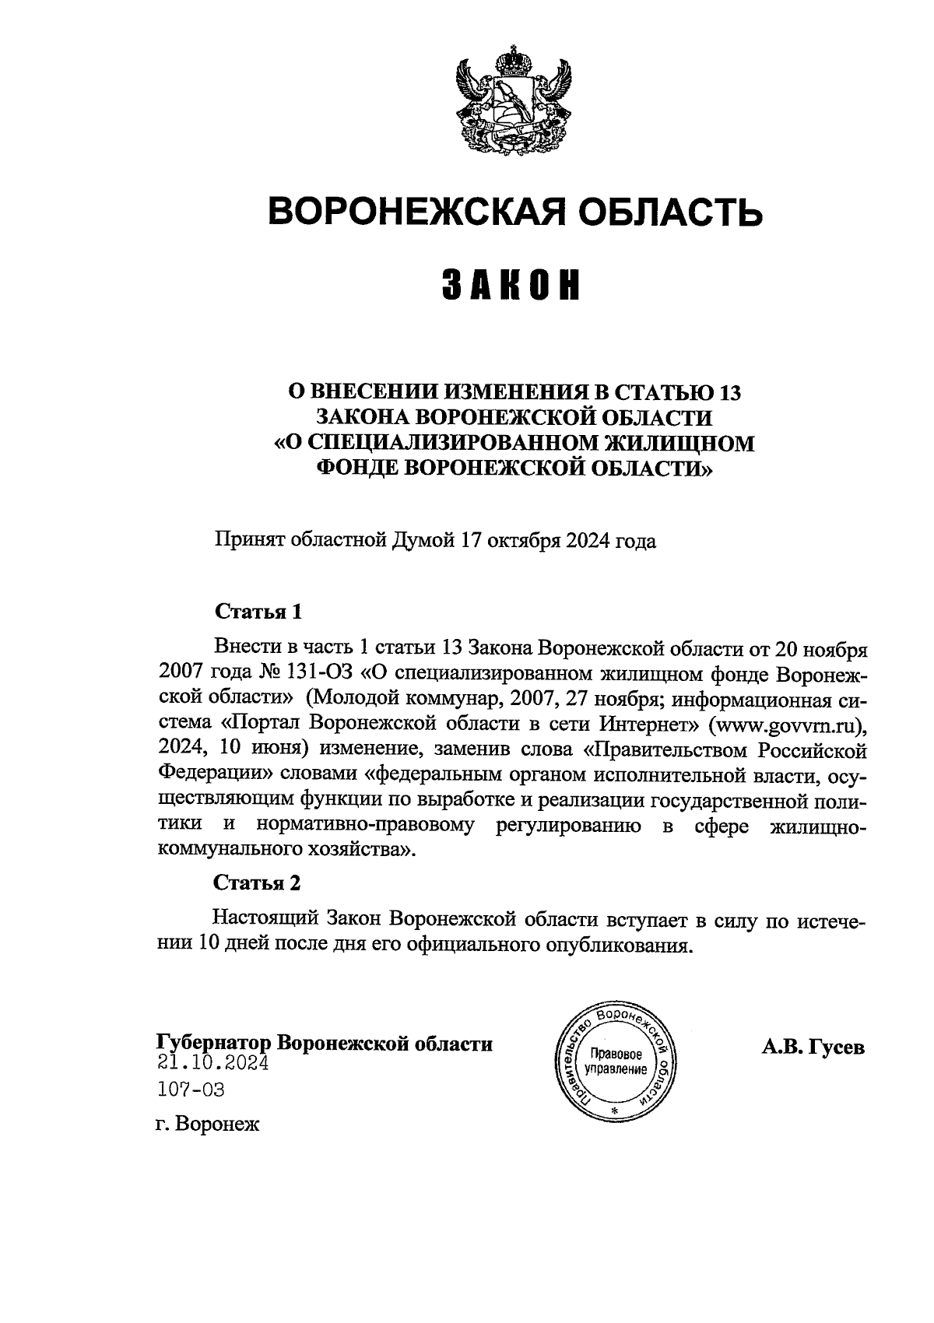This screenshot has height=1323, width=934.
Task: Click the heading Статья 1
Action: (258, 611)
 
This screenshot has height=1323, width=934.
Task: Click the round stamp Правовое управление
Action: (616, 1058)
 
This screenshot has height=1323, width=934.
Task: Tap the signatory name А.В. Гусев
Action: (813, 1048)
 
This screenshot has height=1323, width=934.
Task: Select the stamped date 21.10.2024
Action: (212, 1063)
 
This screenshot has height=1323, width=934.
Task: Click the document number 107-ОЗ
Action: (191, 1090)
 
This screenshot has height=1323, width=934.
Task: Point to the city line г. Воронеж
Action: (207, 1125)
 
